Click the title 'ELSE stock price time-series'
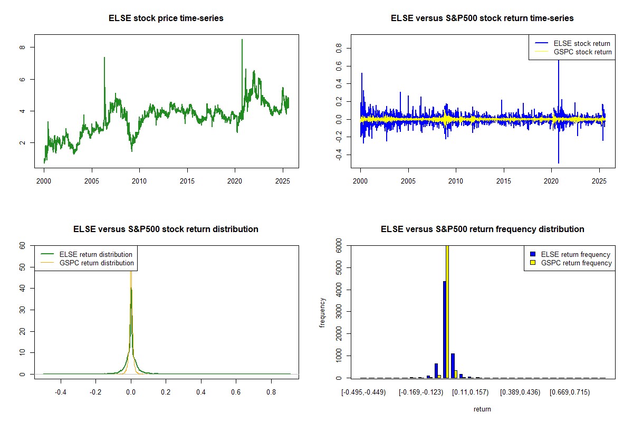point(166,18)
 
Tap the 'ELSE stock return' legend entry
point(582,43)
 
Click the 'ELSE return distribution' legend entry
point(95,254)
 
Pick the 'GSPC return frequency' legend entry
point(576,263)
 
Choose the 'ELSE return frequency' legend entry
point(576,254)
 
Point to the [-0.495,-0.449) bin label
point(364,392)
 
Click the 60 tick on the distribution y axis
point(22,246)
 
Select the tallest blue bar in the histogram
point(445,329)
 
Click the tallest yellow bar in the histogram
point(448,311)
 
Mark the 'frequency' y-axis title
point(322,312)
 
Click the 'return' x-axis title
point(482,409)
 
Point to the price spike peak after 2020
point(242,40)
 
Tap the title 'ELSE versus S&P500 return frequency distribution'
point(482,229)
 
